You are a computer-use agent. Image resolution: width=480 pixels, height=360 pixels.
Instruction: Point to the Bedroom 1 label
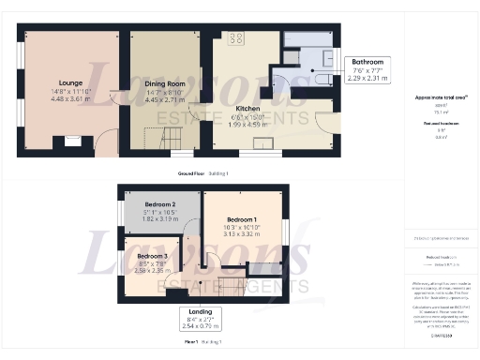[x=242, y=220]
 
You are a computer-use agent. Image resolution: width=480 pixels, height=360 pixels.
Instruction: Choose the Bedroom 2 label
[x=160, y=204]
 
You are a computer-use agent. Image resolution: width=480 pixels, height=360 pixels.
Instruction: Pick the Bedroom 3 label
[x=152, y=256]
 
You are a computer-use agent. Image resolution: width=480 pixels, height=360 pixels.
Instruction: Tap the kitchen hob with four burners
[x=235, y=38]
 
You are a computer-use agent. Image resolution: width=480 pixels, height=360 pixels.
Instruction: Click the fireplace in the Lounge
[x=72, y=142]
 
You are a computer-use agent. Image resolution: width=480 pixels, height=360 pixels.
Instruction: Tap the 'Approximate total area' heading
[x=440, y=97]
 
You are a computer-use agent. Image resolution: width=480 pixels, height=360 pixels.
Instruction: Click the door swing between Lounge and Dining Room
[x=113, y=97]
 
